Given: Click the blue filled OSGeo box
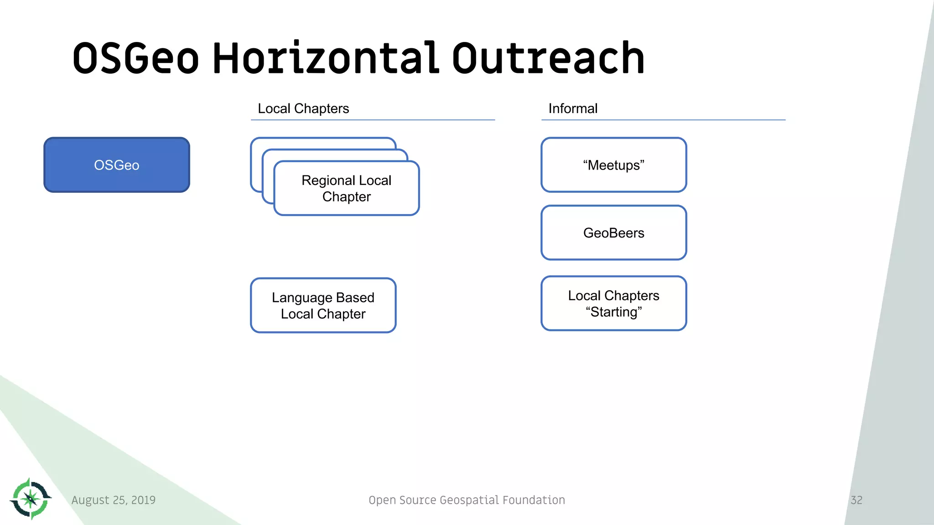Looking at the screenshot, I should point(117,165).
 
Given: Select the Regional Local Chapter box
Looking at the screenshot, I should point(347,188).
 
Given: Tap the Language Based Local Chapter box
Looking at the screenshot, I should point(323,305).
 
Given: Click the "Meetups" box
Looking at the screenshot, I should point(613,165).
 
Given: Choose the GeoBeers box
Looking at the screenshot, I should point(613,233).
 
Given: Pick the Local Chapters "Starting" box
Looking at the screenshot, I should point(613,304).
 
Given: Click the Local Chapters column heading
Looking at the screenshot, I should point(303,108).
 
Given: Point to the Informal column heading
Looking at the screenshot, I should point(573,108).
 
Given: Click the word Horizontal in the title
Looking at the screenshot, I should point(326,58).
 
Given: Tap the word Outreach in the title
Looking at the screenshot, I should point(548,58).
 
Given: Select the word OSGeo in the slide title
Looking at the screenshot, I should point(136,58).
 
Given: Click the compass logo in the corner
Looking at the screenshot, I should point(31,499).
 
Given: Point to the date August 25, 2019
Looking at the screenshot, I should point(114,500).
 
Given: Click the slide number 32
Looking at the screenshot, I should point(856,500).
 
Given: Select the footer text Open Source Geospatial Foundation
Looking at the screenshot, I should point(467,500).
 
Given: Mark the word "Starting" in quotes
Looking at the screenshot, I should point(614,312).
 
